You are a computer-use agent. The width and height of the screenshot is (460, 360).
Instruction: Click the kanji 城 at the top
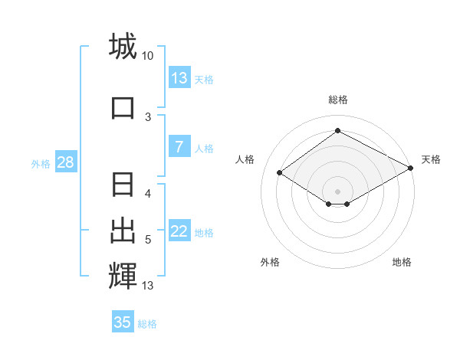123,46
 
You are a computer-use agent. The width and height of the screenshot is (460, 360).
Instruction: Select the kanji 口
123,108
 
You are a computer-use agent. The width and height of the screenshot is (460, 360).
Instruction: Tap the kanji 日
123,186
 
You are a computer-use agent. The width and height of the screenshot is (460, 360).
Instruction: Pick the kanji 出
123,230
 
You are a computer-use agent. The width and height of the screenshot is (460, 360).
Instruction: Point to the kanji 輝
123,276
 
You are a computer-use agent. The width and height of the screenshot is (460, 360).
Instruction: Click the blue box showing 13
179,78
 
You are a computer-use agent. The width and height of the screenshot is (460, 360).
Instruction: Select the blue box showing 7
179,148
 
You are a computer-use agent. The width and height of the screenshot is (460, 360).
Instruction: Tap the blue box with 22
179,231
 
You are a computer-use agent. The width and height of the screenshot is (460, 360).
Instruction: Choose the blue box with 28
65,162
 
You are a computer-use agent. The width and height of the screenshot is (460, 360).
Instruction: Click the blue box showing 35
123,322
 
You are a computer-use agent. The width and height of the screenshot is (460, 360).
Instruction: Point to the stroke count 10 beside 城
148,56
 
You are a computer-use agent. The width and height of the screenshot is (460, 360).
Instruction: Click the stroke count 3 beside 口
148,117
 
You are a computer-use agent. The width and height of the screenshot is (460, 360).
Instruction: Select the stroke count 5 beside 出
148,240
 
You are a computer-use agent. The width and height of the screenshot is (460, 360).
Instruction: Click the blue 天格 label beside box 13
204,79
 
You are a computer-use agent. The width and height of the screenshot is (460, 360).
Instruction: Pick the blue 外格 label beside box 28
41,163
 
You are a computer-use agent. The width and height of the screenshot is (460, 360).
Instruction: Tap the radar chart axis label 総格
338,100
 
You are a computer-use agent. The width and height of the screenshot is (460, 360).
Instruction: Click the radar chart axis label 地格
402,262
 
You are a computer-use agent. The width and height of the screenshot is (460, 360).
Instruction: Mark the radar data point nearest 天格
411,169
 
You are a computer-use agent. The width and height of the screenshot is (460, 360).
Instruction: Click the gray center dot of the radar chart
337,190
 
